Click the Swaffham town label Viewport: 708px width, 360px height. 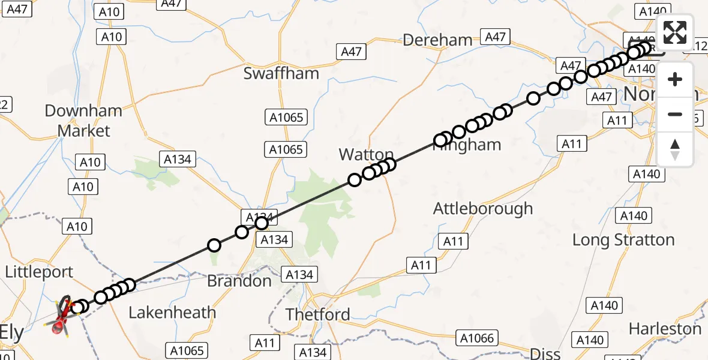pos(281,73)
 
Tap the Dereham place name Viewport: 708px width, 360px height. pos(437,40)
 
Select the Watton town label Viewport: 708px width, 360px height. pos(366,154)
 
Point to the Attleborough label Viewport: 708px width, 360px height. pos(483,208)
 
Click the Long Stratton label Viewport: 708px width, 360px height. pos(623,240)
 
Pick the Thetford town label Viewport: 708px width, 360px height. pos(317,314)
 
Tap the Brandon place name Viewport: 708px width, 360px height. pos(239,281)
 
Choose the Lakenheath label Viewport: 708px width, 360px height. pos(172,312)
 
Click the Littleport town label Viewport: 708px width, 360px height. pos(39,272)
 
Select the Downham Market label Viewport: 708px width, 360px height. pos(83,121)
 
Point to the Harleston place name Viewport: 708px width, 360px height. pos(665,329)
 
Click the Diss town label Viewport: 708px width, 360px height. pos(545,353)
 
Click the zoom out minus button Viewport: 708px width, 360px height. pos(675,114)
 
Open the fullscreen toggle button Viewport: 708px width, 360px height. pos(675,32)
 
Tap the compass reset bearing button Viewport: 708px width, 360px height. pos(675,149)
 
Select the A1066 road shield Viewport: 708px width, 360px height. pos(478,338)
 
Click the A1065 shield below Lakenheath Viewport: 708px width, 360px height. pos(187,350)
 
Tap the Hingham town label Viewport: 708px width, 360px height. pos(468,145)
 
